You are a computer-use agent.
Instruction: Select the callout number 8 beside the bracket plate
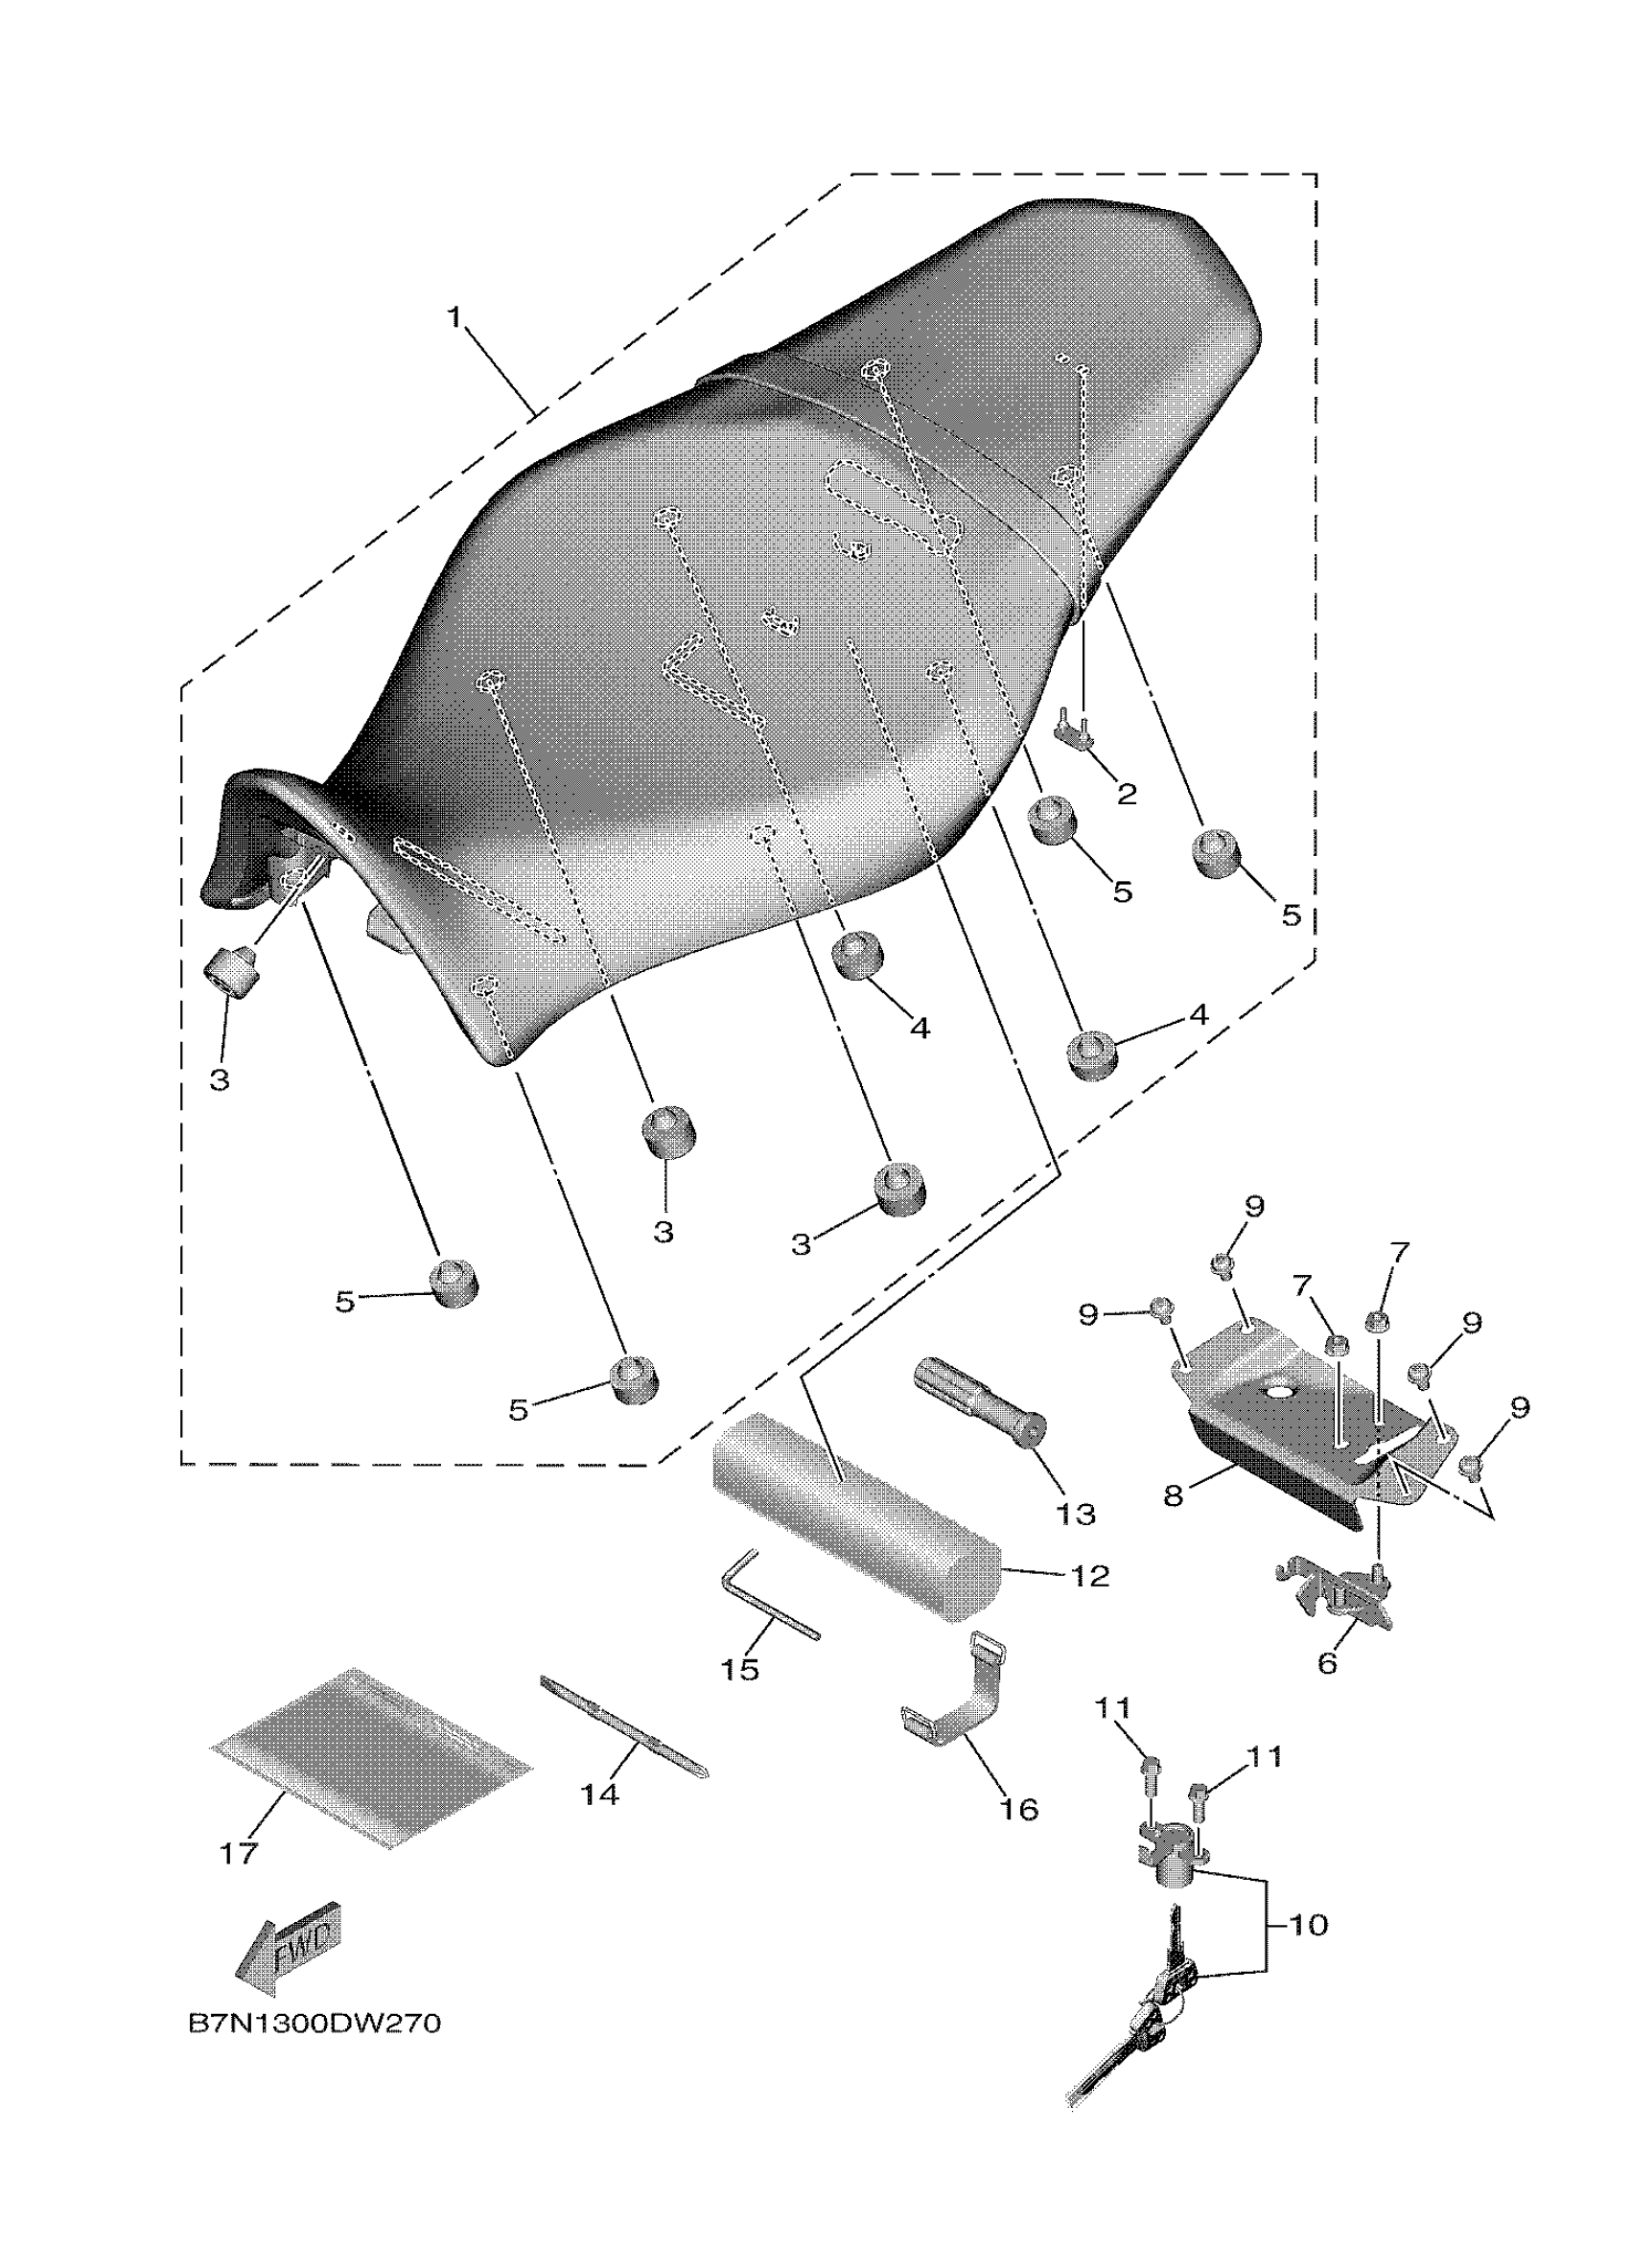coord(1174,1495)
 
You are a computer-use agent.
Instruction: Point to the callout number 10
coord(1308,1925)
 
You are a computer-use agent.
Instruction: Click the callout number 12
coord(1090,1576)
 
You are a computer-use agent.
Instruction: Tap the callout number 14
coord(600,1794)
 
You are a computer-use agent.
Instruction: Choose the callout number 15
coord(740,1669)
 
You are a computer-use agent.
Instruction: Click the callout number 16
coord(1019,1809)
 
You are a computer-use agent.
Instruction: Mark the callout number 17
coord(238,1853)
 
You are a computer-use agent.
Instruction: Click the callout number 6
coord(1327,1663)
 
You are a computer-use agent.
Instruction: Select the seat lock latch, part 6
coord(1337,1596)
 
